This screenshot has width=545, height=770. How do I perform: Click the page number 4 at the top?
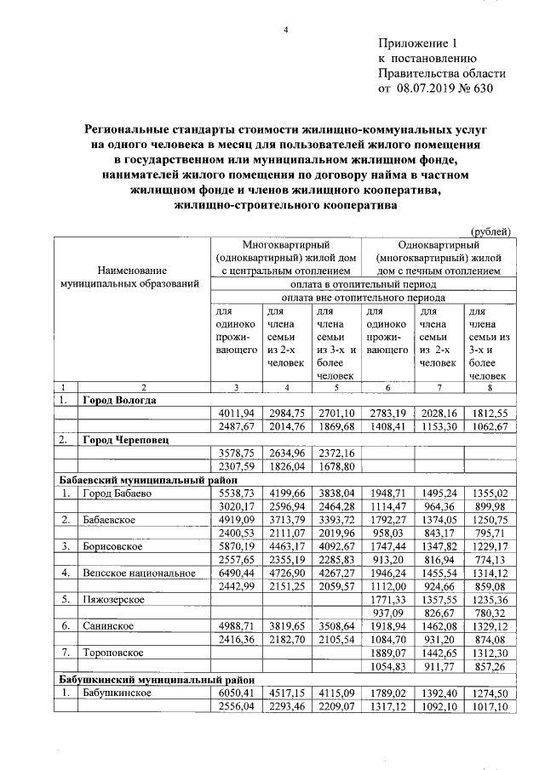pos(287,31)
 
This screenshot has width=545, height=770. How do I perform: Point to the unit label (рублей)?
pos(491,231)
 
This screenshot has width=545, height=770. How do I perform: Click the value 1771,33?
pos(387,601)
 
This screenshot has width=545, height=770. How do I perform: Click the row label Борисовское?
pos(113,547)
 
